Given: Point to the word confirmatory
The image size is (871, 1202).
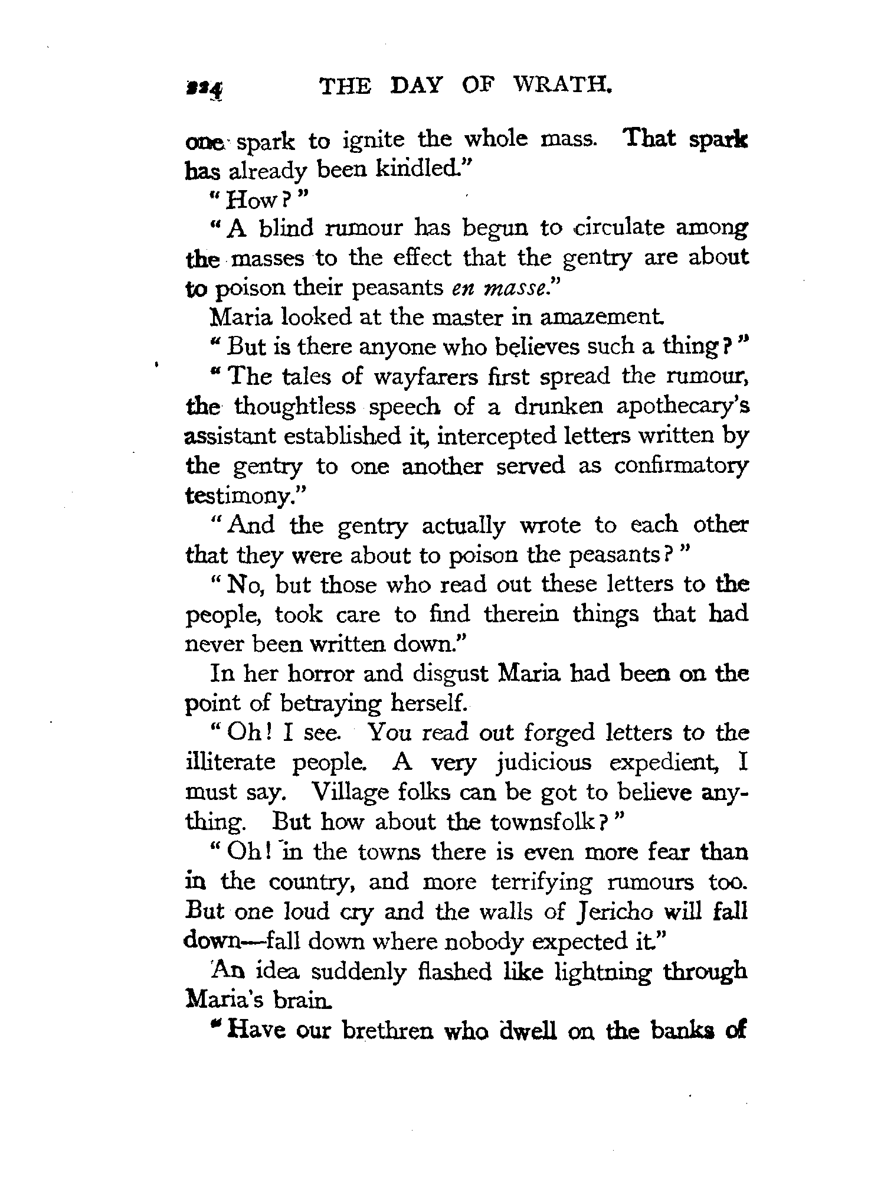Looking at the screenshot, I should click(680, 466).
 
